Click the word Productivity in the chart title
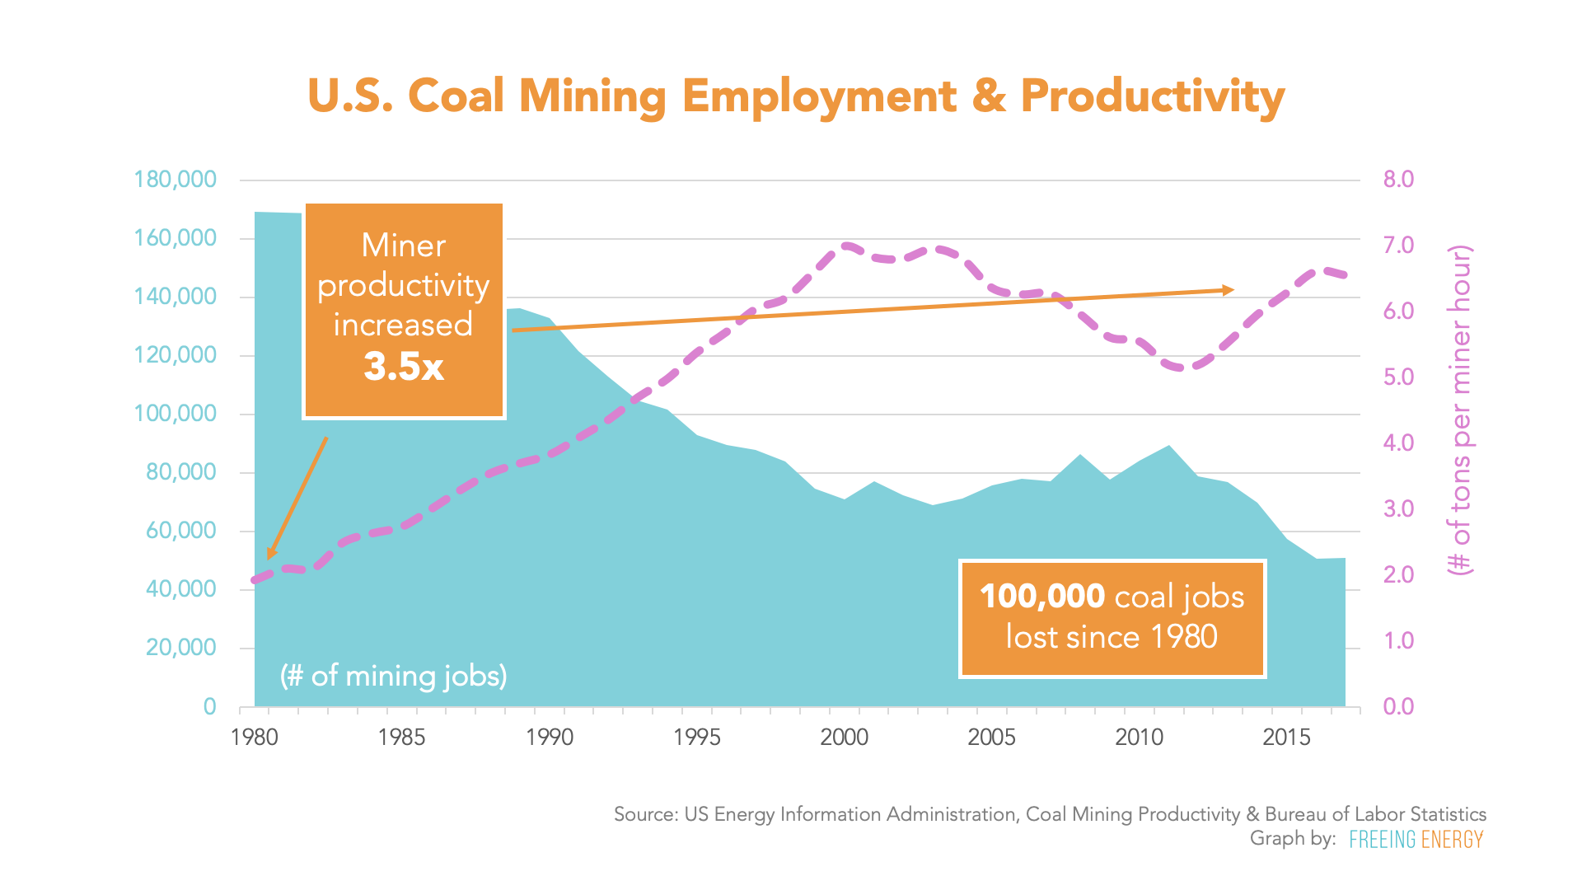coord(1152,96)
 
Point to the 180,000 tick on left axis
coord(175,180)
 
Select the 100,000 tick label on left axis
coord(175,414)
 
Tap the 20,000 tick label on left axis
coord(180,648)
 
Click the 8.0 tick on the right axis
coord(1398,180)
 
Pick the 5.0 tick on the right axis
coord(1398,377)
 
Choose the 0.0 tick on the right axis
coord(1398,706)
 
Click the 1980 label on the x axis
coord(255,737)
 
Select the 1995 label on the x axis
coord(697,737)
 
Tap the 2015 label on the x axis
coord(1286,737)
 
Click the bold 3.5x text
coord(404,367)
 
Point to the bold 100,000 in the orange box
coord(1042,596)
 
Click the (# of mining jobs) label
coord(394,676)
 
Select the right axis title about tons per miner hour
coord(1460,410)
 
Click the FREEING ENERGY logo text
coord(1416,840)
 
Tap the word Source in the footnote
coord(644,814)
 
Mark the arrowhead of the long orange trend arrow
coord(1229,290)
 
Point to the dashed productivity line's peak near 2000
coord(846,245)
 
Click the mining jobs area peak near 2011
coord(1169,447)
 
